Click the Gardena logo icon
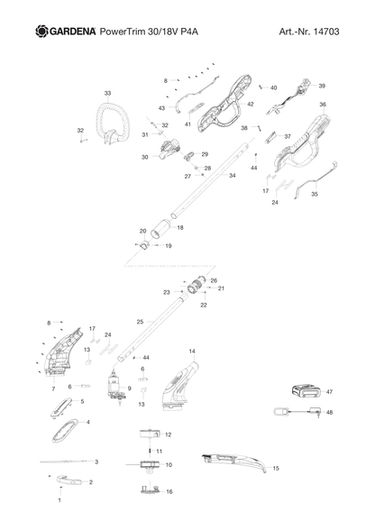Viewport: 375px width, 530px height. (x=42, y=31)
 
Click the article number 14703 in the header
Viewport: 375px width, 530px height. (x=326, y=32)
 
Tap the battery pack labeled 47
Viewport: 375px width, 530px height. (x=306, y=392)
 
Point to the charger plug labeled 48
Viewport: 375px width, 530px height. (x=316, y=412)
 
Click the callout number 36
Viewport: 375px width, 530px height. (x=323, y=105)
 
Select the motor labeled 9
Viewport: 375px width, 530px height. (x=116, y=388)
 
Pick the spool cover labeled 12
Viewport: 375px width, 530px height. (x=150, y=434)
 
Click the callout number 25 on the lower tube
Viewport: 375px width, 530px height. (x=140, y=322)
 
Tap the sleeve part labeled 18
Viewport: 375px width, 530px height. (x=161, y=229)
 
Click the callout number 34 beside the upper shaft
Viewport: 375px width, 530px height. (x=233, y=176)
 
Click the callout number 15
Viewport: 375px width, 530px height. (x=276, y=468)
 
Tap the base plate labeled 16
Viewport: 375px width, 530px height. (x=151, y=490)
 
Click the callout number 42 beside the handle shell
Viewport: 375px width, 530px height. (x=251, y=104)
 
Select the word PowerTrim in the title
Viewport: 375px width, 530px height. (x=121, y=32)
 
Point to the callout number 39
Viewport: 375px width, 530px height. (x=322, y=86)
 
